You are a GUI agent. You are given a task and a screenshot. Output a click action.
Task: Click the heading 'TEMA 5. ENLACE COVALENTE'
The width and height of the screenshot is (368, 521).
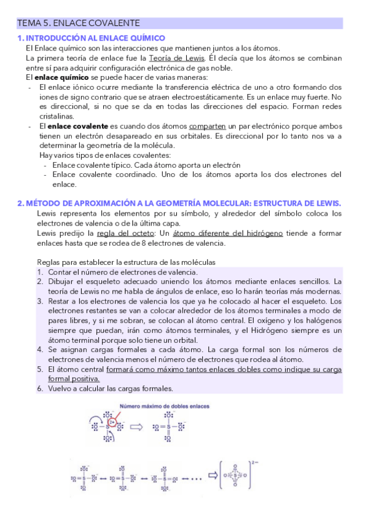(79, 23)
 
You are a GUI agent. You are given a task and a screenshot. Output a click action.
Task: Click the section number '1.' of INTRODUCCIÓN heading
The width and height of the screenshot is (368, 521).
(20, 37)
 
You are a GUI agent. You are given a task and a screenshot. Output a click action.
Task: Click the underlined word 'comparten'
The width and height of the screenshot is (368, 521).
(208, 125)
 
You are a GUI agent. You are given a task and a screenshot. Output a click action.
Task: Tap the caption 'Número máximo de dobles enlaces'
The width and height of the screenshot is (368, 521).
(164, 407)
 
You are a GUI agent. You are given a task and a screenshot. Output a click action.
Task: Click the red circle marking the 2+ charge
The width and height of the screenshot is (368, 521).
(112, 423)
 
